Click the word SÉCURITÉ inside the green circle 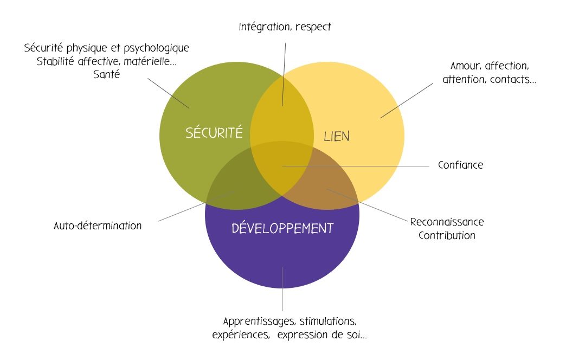coord(214,132)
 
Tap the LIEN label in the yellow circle coord(336,136)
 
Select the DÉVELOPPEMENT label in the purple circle coord(282,228)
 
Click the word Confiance coord(460,165)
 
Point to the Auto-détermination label coord(98,226)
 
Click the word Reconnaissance coord(447,222)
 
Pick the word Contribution coord(447,236)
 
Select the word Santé coord(106,75)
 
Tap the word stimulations coord(329,321)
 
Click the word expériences coord(240,335)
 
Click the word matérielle coord(150,61)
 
